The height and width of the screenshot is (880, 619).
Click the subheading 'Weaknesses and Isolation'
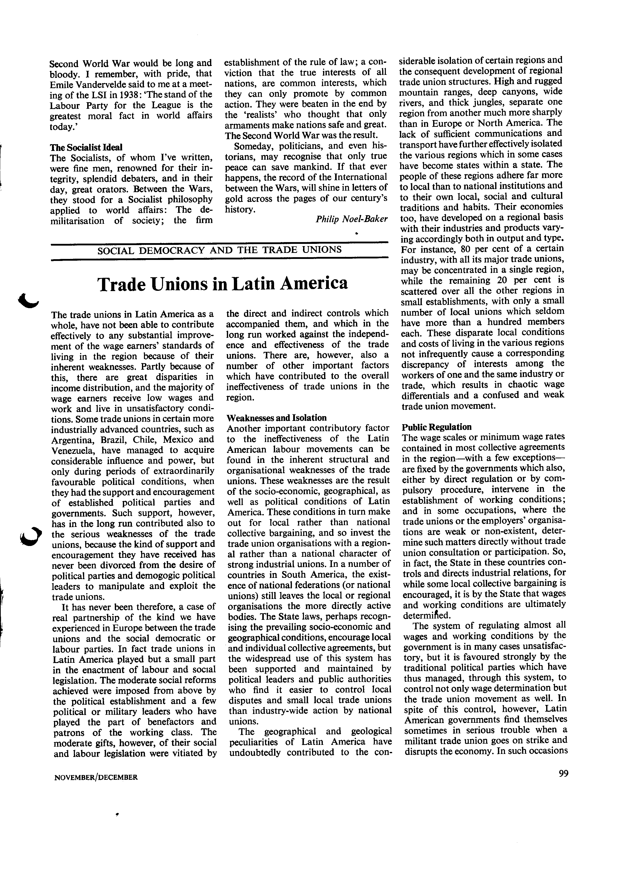276,418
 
